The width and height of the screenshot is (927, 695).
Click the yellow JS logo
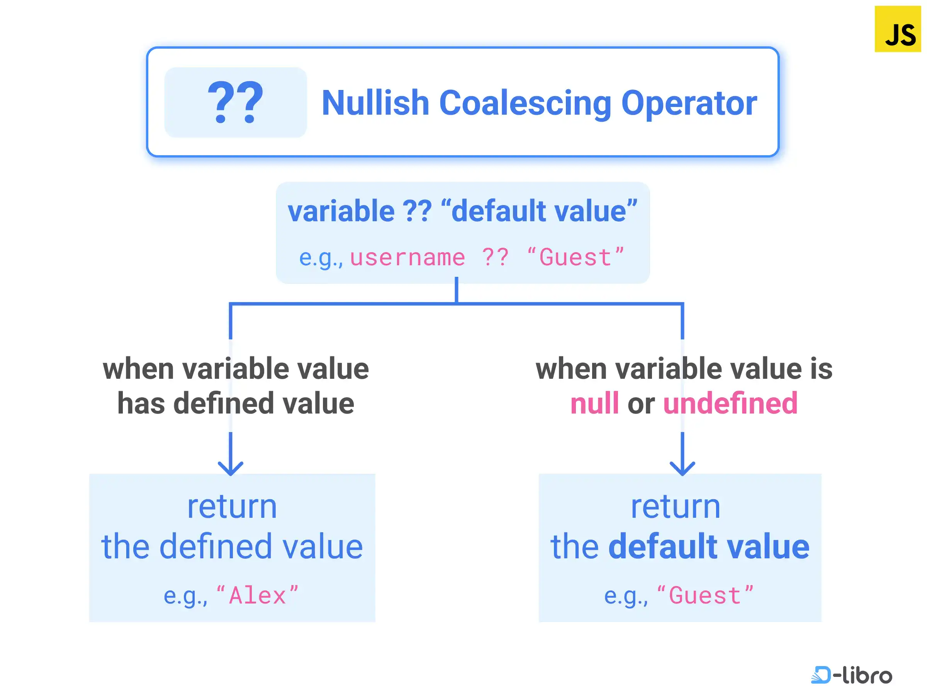coord(898,29)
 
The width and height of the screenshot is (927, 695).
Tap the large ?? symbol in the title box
coord(236,103)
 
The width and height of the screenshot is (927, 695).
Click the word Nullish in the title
coord(375,103)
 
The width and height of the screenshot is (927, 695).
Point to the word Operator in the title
coord(689,103)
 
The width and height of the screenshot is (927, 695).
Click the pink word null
coord(594,403)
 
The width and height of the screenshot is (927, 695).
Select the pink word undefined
coord(730,403)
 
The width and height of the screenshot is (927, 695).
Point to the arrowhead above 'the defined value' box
coord(231,468)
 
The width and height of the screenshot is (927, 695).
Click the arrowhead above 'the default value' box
coord(682,468)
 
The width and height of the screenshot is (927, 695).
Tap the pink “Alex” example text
coord(257,595)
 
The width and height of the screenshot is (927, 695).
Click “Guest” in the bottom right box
coord(705,595)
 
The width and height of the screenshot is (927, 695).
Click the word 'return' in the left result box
coord(232,507)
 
